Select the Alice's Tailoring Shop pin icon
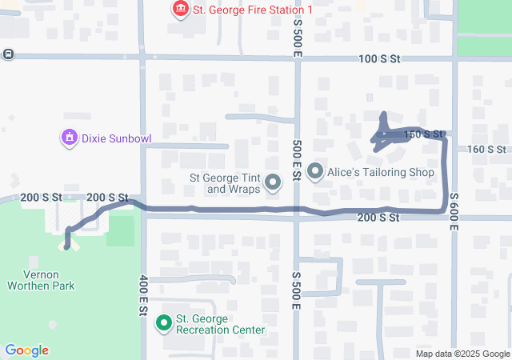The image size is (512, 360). click(314, 171)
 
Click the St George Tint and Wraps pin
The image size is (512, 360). click(273, 183)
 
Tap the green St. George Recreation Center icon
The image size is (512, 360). click(164, 323)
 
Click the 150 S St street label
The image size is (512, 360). click(424, 134)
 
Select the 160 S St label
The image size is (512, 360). click(486, 150)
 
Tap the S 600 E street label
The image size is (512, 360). click(454, 211)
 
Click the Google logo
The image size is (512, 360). click(26, 350)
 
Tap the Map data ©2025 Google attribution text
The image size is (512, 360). click(462, 354)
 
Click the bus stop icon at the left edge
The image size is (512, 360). click(7, 54)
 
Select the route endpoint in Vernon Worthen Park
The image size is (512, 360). click(66, 246)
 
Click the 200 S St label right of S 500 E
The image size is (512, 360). click(378, 218)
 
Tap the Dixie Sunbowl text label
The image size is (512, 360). click(115, 138)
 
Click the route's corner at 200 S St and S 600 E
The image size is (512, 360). click(444, 210)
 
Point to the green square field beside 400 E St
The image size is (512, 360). click(120, 230)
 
